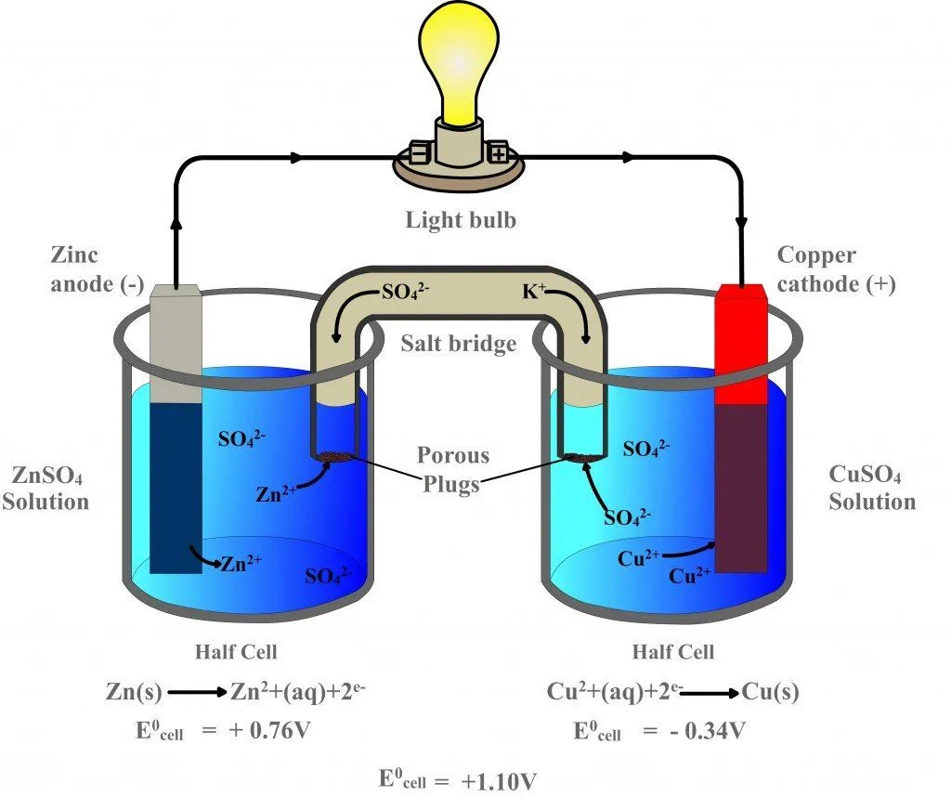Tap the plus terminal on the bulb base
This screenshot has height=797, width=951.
(500, 151)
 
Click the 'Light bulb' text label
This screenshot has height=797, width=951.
(460, 220)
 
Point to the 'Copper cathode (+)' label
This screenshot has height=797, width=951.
(836, 269)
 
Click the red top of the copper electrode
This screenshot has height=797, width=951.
(741, 344)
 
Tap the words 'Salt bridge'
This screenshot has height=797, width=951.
(459, 344)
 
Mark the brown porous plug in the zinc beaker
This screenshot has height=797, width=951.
(336, 456)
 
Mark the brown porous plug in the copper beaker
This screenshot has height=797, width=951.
(581, 456)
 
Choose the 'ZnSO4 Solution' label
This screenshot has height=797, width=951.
(46, 489)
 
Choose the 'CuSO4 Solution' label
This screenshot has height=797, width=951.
(871, 489)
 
